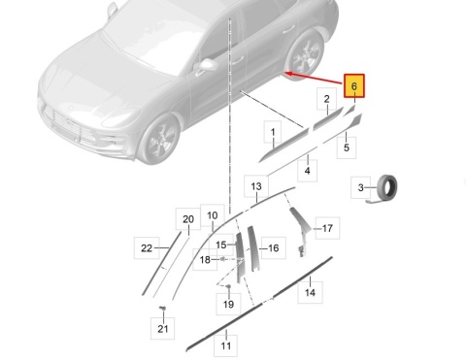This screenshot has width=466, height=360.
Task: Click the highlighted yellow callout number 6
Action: (x=354, y=85)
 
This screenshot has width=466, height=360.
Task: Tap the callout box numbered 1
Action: (x=273, y=132)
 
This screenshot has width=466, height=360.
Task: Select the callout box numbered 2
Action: (x=326, y=99)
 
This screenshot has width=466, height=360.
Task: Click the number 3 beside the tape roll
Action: (x=361, y=187)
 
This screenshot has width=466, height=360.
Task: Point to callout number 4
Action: (x=307, y=171)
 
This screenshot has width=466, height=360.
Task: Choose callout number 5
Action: (x=347, y=147)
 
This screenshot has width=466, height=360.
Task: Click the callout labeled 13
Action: (x=256, y=186)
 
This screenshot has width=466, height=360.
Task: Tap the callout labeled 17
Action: (x=327, y=228)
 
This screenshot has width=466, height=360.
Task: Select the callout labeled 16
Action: (x=274, y=248)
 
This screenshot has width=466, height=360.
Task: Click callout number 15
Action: (x=221, y=245)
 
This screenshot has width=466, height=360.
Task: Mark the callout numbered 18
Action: (x=205, y=260)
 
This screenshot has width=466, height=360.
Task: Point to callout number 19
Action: (x=228, y=304)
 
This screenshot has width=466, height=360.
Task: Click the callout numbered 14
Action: (x=310, y=292)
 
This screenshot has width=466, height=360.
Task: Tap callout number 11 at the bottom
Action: (x=226, y=345)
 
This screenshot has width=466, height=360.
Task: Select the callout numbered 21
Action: (x=163, y=329)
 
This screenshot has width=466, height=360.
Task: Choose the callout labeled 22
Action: (x=147, y=248)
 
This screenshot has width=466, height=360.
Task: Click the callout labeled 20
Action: (x=188, y=219)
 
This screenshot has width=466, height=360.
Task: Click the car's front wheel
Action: (x=159, y=140)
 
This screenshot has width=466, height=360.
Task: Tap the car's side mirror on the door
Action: (x=208, y=65)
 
